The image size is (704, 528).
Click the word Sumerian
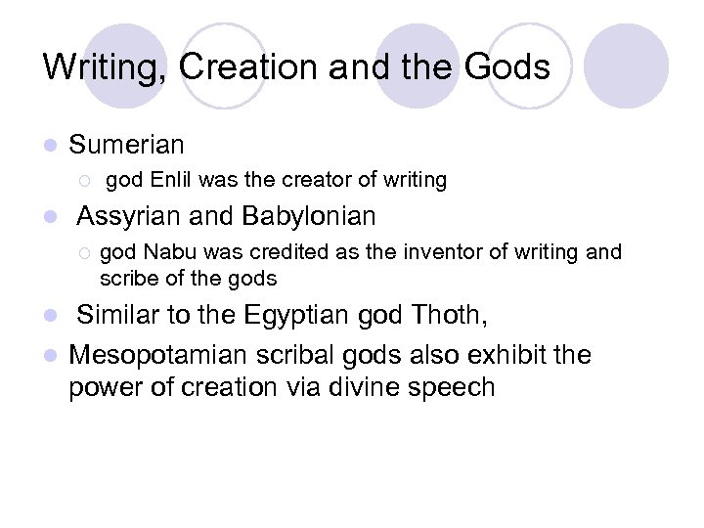coord(126,146)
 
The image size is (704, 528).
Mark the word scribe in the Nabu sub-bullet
coord(128,279)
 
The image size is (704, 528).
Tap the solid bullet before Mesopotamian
coord(50,354)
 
